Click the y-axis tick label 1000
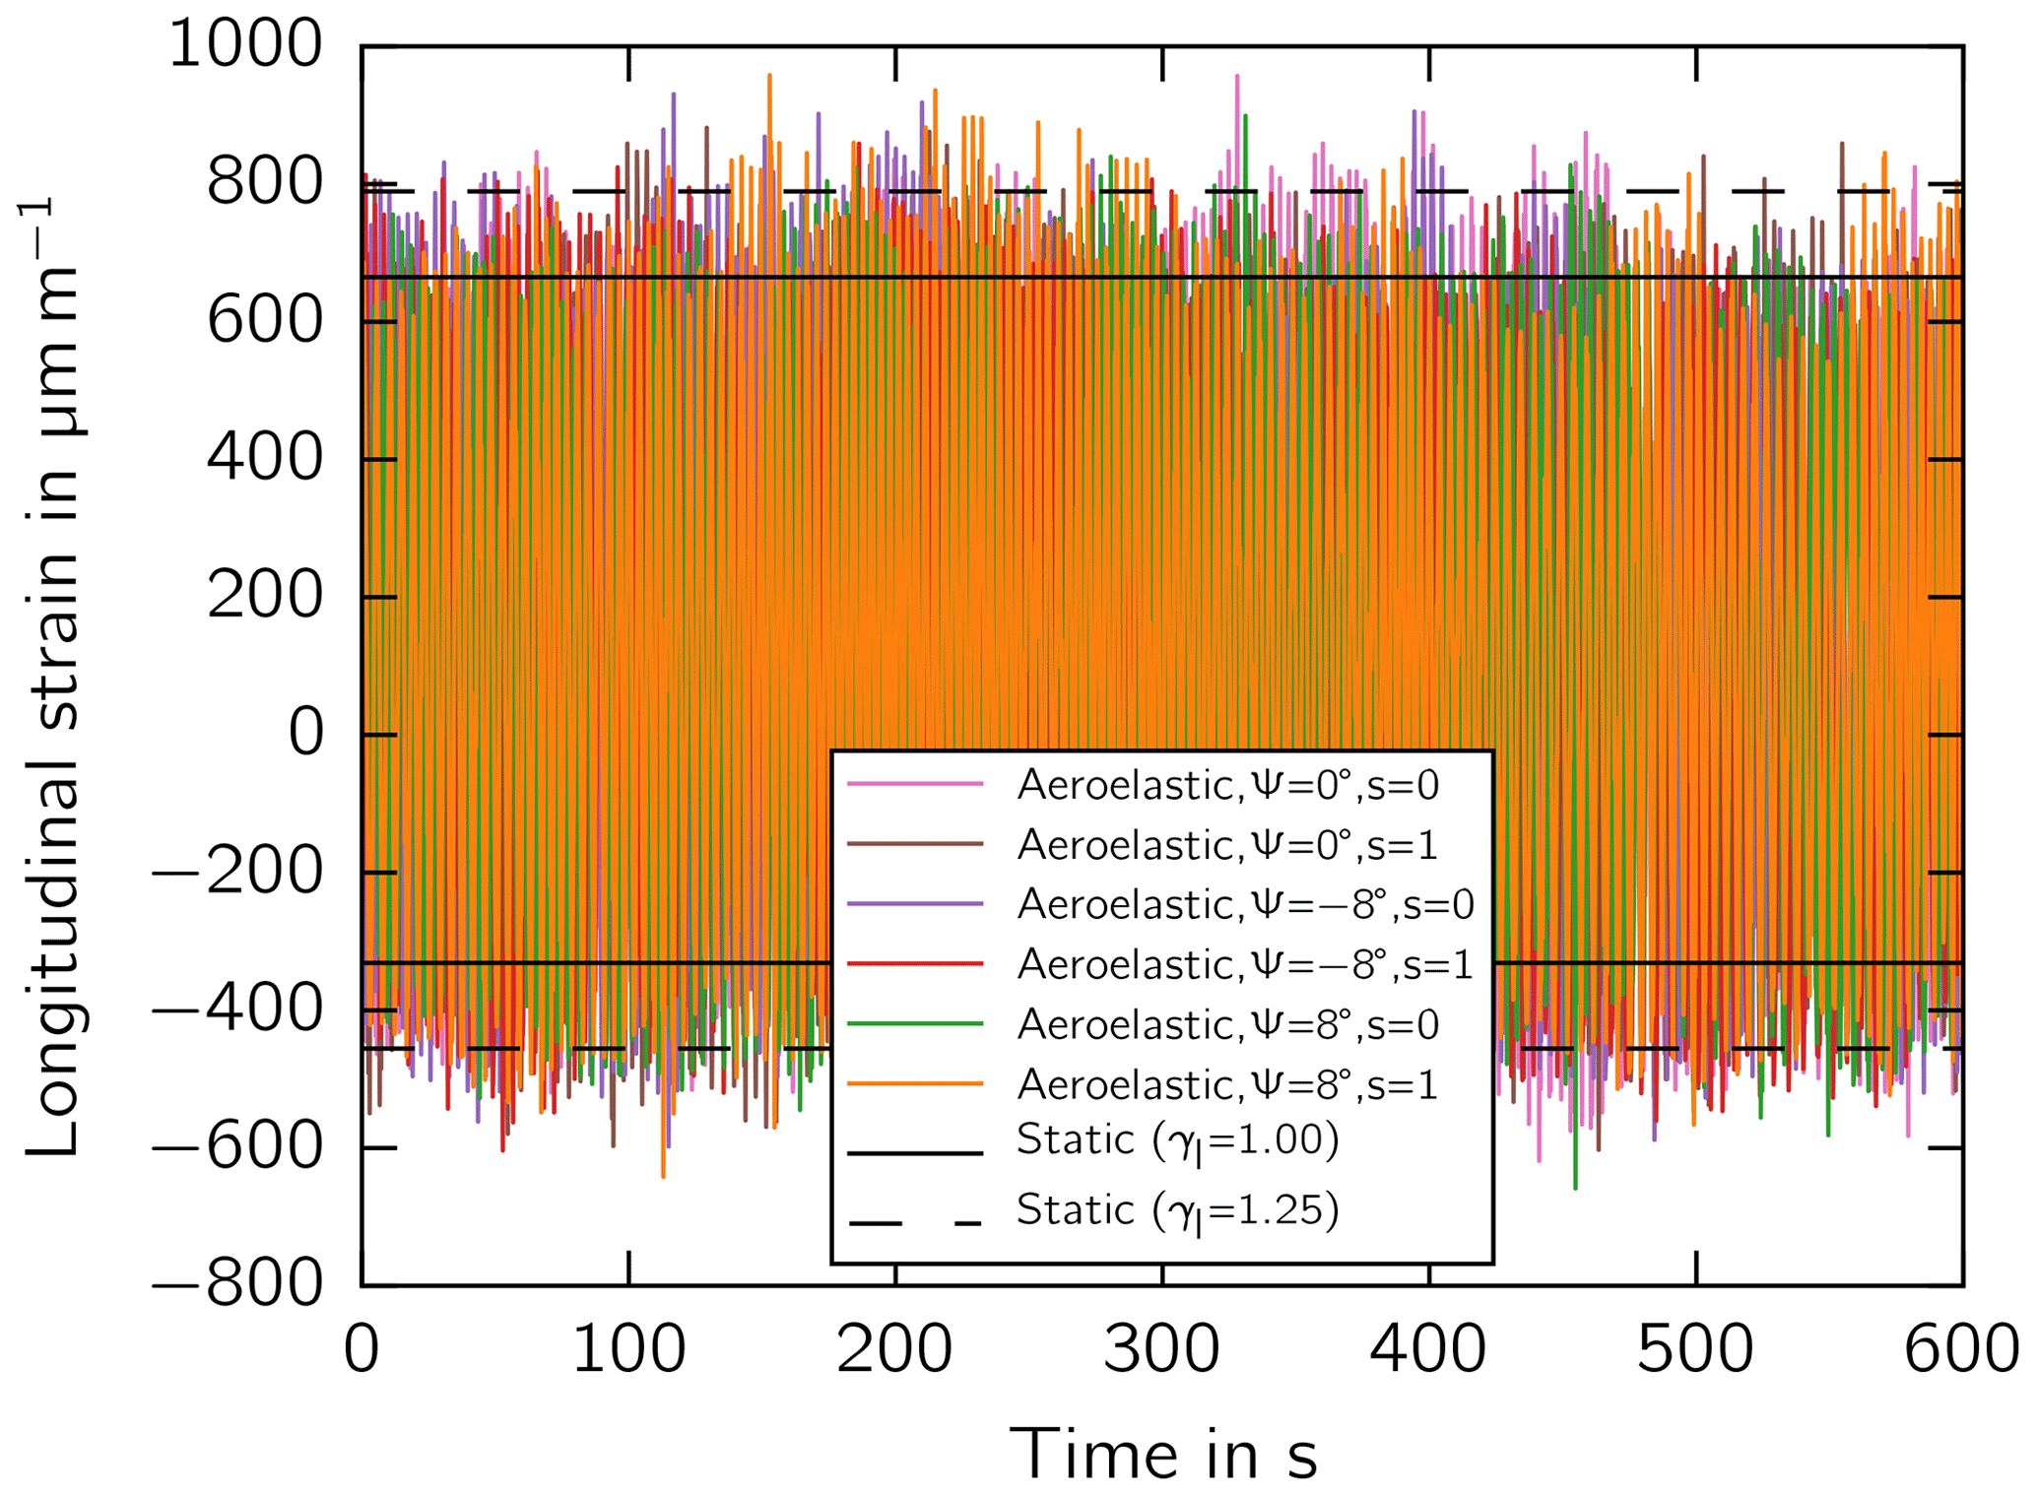tap(245, 45)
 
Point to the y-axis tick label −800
tap(236, 1284)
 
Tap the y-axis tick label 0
tap(305, 734)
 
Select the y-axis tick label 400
tap(264, 458)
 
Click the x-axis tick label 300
tap(1161, 1350)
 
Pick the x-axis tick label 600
tap(1960, 1350)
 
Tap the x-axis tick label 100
tap(628, 1350)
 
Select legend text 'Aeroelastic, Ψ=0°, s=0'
tap(1227, 786)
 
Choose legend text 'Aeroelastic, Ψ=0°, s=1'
tap(1227, 845)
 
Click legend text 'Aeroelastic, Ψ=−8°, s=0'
tap(1245, 905)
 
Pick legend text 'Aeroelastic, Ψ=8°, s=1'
tap(1227, 1085)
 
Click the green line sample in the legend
tap(915, 1024)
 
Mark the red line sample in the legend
tap(915, 963)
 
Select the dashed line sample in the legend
tap(915, 1224)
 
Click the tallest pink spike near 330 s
tap(1237, 77)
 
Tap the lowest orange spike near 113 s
tap(663, 1175)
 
